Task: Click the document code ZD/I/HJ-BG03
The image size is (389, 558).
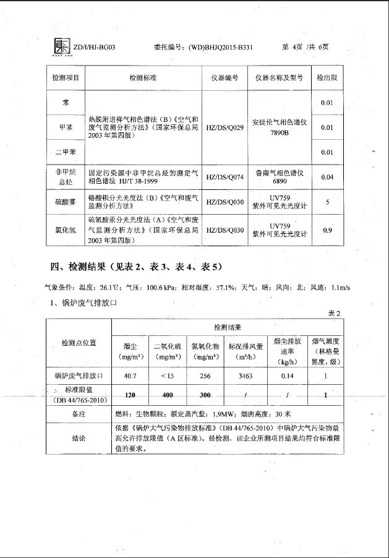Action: [93, 48]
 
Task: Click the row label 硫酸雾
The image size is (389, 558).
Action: [65, 202]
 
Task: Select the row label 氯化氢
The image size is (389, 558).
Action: [65, 230]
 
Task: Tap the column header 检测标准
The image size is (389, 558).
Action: [143, 79]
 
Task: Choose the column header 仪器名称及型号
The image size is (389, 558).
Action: [279, 79]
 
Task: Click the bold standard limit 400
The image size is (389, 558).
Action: [167, 395]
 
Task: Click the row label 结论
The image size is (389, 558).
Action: [78, 437]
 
